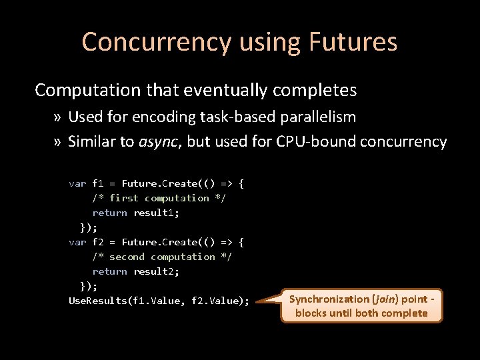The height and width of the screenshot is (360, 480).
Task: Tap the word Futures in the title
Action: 353,42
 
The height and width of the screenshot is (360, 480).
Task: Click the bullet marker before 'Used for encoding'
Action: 58,117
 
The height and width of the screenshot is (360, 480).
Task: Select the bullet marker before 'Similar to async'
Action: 58,142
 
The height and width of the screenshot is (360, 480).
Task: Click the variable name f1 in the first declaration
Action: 97,183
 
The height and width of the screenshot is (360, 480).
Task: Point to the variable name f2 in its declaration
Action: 97,242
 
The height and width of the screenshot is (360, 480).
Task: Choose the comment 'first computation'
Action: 159,198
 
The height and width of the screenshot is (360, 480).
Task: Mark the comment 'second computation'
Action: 162,257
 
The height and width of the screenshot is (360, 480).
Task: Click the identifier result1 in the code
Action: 156,213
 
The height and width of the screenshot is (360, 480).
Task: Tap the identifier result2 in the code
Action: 156,271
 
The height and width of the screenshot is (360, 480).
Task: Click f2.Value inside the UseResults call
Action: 217,301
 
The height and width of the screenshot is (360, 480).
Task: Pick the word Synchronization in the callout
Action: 329,299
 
